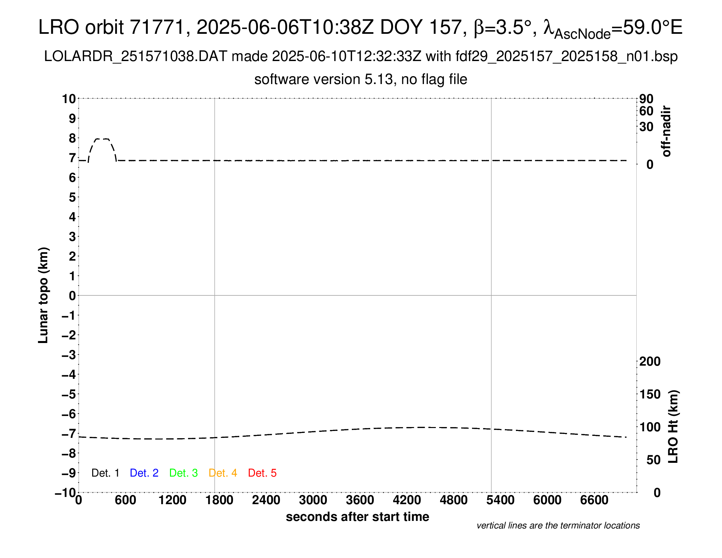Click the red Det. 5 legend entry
pyautogui.click(x=262, y=473)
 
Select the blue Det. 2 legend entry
pyautogui.click(x=144, y=473)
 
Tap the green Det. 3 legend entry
pyautogui.click(x=183, y=473)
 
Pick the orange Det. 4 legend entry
pyautogui.click(x=223, y=473)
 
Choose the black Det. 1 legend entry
pyautogui.click(x=105, y=473)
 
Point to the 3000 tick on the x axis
pyautogui.click(x=313, y=500)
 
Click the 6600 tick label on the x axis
pyautogui.click(x=594, y=500)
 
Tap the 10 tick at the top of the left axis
pyautogui.click(x=69, y=99)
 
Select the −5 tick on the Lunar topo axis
pyautogui.click(x=69, y=394)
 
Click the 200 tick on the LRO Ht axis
pyautogui.click(x=650, y=361)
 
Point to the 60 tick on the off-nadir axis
pyautogui.click(x=646, y=111)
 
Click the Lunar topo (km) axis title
pyautogui.click(x=43, y=295)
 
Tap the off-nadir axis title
pyautogui.click(x=667, y=131)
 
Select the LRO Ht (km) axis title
pyautogui.click(x=673, y=426)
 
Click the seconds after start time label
pyautogui.click(x=357, y=517)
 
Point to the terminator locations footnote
pyautogui.click(x=558, y=526)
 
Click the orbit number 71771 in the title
pyautogui.click(x=157, y=27)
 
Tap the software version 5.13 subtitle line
pyautogui.click(x=361, y=79)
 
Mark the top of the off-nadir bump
pyautogui.click(x=102, y=139)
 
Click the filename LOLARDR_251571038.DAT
pyautogui.click(x=136, y=56)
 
